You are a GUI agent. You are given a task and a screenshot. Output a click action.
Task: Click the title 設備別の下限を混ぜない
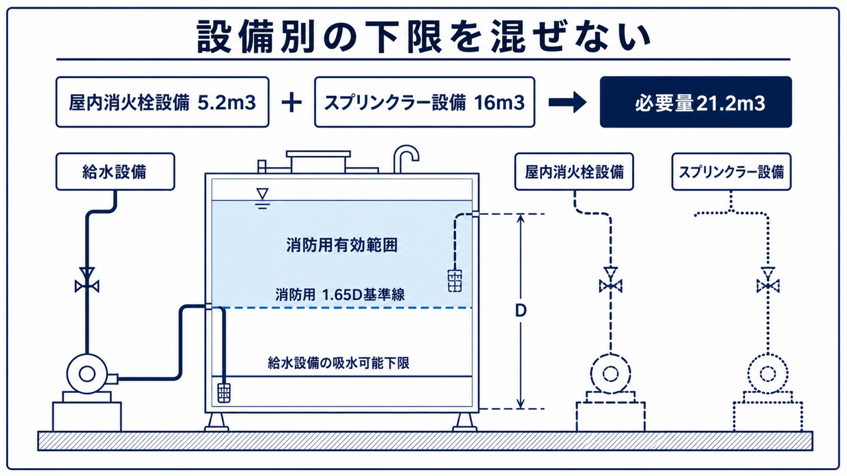(423, 36)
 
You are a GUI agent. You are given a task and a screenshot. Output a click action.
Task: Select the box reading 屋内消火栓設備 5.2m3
(162, 102)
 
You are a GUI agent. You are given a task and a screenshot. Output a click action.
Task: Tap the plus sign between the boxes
(292, 102)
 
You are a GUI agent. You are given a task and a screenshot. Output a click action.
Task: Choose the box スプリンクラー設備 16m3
(425, 102)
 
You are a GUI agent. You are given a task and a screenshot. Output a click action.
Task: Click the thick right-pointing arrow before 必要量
(567, 102)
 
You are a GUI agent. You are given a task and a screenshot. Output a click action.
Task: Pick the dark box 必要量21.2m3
(695, 102)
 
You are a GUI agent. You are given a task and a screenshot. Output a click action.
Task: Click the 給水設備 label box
(115, 171)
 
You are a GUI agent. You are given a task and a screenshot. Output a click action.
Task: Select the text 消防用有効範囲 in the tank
(342, 245)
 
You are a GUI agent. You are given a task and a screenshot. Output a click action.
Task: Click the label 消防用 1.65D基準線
(340, 295)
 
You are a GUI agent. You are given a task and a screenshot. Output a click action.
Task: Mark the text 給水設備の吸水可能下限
(338, 363)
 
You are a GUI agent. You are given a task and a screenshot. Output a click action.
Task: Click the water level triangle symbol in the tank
(263, 198)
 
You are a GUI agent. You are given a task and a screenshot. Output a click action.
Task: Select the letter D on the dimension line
(521, 311)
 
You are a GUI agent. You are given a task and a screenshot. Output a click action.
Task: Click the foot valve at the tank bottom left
(224, 393)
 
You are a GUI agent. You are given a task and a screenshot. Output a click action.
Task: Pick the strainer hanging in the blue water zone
(455, 280)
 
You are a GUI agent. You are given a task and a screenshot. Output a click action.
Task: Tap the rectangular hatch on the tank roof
(318, 161)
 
